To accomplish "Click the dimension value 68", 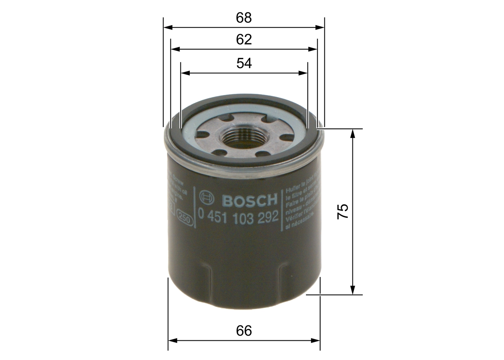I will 244,18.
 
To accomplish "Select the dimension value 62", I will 244,39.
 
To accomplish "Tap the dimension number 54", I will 244,63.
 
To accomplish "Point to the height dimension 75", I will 342,212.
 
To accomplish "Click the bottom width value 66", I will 244,331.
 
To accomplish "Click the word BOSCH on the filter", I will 250,200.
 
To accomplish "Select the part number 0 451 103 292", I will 239,216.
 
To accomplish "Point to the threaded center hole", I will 236,138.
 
